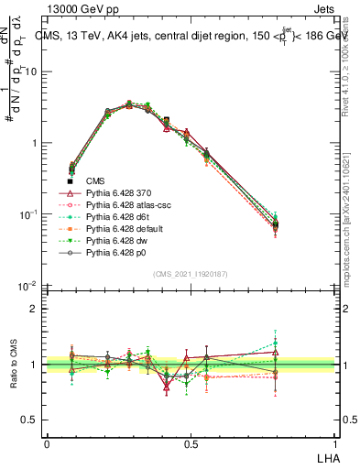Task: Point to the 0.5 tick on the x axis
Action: [x=191, y=443]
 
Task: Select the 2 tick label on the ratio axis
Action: [x=34, y=309]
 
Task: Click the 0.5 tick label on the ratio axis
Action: [x=29, y=420]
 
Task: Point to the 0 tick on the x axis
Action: [x=47, y=443]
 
